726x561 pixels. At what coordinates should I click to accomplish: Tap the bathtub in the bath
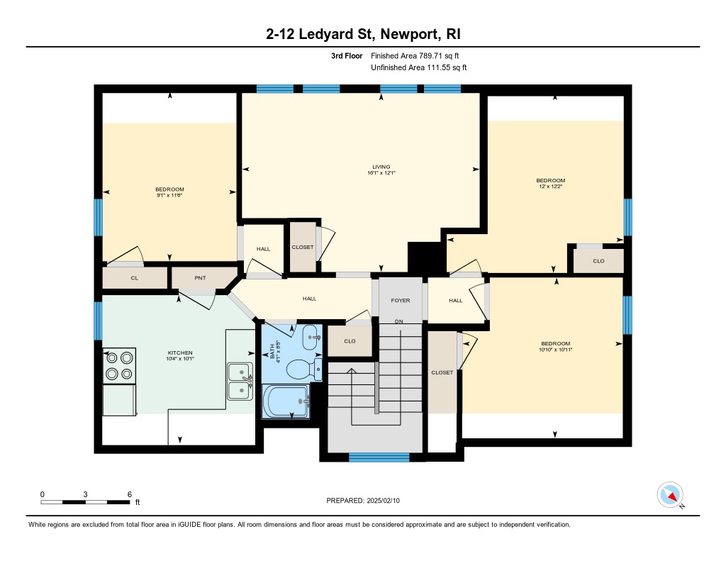(286, 401)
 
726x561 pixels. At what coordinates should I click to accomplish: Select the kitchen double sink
(240, 382)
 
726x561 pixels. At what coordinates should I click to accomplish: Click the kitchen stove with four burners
(119, 365)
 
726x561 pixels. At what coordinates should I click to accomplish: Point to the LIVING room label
(381, 167)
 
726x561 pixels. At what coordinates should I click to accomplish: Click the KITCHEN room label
(180, 353)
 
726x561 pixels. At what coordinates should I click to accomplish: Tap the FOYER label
(401, 300)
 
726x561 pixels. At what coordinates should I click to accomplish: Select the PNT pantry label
(200, 278)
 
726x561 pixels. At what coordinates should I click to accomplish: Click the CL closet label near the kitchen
(134, 278)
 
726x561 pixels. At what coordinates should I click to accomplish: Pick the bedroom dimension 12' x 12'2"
(550, 187)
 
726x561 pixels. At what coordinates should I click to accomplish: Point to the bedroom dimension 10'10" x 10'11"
(555, 350)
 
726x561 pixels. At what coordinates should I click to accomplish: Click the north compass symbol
(671, 495)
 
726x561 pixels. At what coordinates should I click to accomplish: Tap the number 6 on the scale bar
(130, 494)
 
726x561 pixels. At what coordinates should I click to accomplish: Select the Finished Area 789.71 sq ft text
(415, 55)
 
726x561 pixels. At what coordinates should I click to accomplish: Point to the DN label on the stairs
(398, 321)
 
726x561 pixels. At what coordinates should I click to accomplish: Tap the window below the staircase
(379, 457)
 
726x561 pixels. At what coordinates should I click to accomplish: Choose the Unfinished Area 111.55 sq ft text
(418, 67)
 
